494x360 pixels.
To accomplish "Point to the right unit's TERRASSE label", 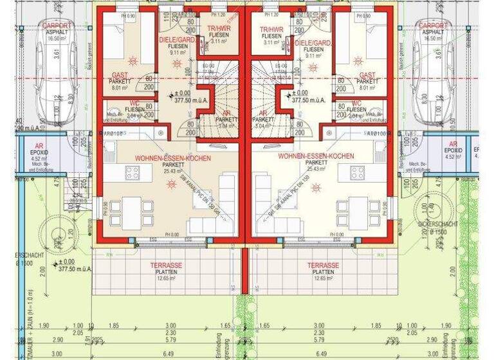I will pos(323,265).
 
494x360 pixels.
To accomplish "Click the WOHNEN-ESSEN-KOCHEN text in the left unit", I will pos(172,157).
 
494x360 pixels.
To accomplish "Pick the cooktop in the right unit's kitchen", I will pos(358,172).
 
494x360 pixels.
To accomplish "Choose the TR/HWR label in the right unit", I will pos(271,30).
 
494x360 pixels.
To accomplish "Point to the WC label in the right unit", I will pos(356,103).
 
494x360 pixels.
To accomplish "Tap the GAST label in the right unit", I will pos(367,75).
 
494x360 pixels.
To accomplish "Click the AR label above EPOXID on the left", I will pos(39,145).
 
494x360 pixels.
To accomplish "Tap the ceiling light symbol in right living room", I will pos(315,187).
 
